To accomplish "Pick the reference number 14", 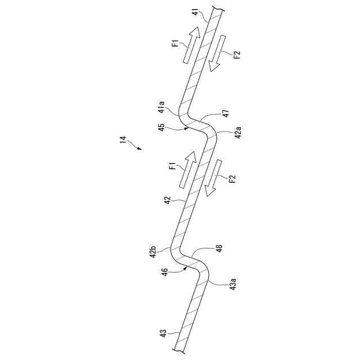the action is pyautogui.click(x=123, y=139).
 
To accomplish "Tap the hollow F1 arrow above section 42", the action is pyautogui.click(x=188, y=169).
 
